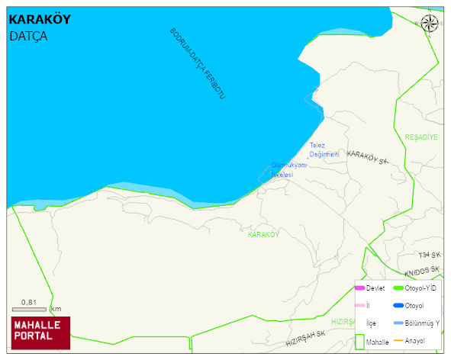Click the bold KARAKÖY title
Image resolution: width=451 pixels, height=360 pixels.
click(40, 19)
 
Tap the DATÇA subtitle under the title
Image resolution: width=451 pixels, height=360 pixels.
click(28, 36)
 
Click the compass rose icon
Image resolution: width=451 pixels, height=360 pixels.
click(430, 23)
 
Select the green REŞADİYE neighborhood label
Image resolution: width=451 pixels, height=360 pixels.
click(421, 137)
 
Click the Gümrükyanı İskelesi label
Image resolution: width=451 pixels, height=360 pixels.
click(288, 169)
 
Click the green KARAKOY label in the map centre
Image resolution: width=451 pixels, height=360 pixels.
click(263, 235)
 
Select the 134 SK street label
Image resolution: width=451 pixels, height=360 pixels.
click(429, 255)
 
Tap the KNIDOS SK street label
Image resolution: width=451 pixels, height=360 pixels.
click(422, 271)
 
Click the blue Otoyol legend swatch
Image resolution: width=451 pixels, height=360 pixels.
click(398, 305)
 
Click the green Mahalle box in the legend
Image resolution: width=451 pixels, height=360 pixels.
click(360, 342)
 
